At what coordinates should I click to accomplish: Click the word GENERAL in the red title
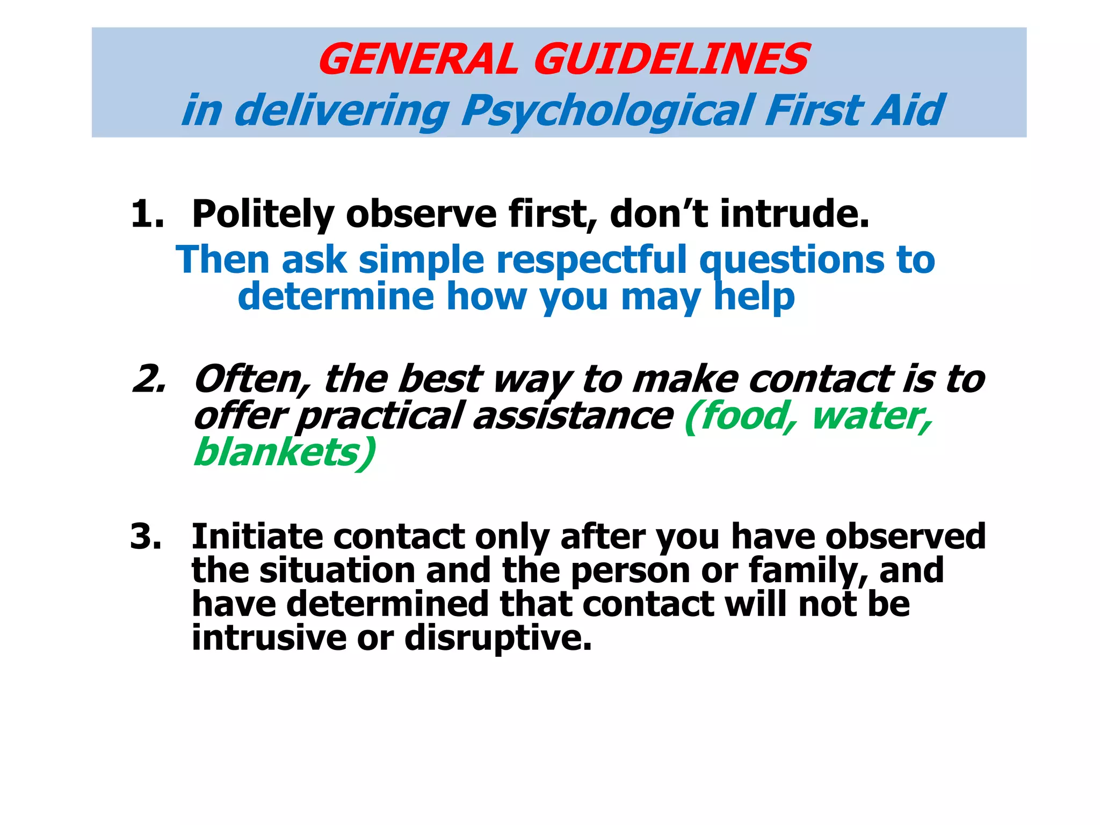(x=418, y=59)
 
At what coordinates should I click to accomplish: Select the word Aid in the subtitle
(x=908, y=111)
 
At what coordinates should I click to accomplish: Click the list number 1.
(x=146, y=214)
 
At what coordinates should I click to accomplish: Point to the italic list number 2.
(x=149, y=379)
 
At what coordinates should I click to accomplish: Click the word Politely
(x=263, y=214)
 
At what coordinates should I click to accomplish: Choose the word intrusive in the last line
(x=269, y=638)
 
